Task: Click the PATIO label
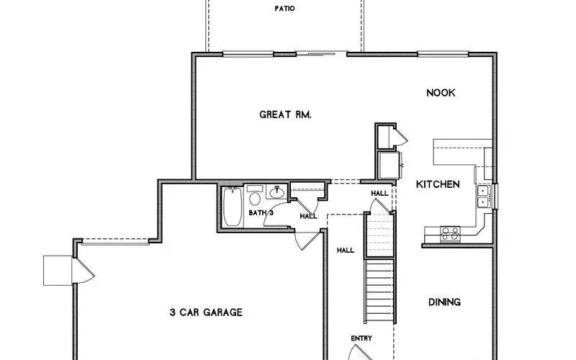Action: (x=284, y=9)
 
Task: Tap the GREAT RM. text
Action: (x=285, y=114)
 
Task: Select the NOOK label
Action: (x=441, y=93)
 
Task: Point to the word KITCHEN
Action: (x=438, y=184)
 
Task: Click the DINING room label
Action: (x=444, y=302)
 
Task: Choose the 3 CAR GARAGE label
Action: (x=206, y=312)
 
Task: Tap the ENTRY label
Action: (x=361, y=338)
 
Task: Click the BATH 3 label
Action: (x=261, y=213)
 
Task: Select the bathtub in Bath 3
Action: (x=232, y=207)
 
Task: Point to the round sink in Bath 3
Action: (x=276, y=193)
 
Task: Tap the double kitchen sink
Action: (x=484, y=195)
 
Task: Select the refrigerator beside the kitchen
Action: (x=390, y=165)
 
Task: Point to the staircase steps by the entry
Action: (x=379, y=292)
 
